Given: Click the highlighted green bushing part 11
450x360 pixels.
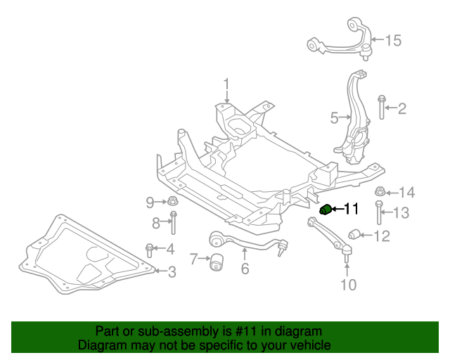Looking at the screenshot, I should (x=326, y=210).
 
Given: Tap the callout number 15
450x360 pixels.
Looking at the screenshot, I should (x=392, y=41).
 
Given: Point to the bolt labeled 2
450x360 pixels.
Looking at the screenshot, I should (x=380, y=108).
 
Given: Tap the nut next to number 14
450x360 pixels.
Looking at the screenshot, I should (x=380, y=191).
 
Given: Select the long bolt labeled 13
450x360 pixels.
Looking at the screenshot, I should (x=380, y=212).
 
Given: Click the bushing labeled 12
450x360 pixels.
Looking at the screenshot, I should (x=356, y=234).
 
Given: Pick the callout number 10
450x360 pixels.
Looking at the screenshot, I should (x=348, y=284).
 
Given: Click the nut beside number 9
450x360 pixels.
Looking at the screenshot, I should (x=172, y=202).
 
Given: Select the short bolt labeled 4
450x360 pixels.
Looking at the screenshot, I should (x=150, y=248).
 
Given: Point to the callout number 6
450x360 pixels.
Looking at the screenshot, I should (x=245, y=269).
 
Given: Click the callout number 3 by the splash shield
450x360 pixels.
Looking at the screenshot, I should (x=172, y=271).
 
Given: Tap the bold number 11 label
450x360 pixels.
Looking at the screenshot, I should (x=350, y=209).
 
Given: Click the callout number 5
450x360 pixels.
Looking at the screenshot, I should (x=335, y=117).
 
